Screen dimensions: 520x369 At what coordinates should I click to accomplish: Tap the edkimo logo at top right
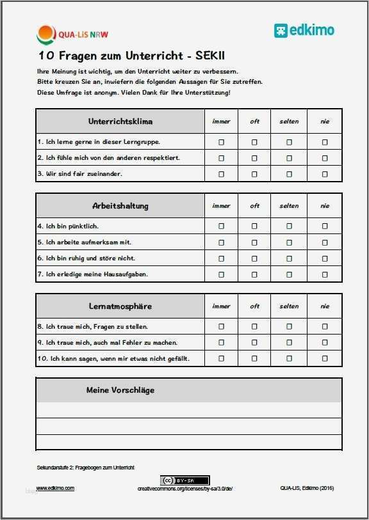click(x=304, y=30)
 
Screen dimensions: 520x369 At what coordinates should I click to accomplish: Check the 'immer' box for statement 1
click(x=222, y=142)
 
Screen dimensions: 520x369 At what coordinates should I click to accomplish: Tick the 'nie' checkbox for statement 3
click(x=325, y=174)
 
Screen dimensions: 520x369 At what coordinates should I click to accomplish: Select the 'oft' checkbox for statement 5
click(x=254, y=242)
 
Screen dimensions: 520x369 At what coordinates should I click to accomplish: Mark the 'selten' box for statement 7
click(x=289, y=274)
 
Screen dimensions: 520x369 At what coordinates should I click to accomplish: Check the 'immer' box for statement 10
click(x=222, y=358)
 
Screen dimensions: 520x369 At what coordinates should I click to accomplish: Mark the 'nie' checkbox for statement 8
click(x=325, y=326)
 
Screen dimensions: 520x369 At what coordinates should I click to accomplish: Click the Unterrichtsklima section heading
click(x=120, y=122)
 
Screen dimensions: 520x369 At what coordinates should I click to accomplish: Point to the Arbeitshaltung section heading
click(x=120, y=206)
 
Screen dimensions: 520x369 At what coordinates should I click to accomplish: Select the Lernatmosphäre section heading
click(x=120, y=306)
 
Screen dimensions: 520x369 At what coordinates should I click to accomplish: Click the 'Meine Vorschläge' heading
click(x=120, y=390)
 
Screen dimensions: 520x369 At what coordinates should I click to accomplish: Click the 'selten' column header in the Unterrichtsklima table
click(x=289, y=122)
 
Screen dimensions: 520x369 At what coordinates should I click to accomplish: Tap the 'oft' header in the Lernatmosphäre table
click(x=254, y=306)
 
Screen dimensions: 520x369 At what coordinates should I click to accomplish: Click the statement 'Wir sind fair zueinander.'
click(x=79, y=174)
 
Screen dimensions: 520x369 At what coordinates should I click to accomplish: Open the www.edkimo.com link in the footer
click(x=55, y=488)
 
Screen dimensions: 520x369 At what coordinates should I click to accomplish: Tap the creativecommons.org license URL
click(x=185, y=489)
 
